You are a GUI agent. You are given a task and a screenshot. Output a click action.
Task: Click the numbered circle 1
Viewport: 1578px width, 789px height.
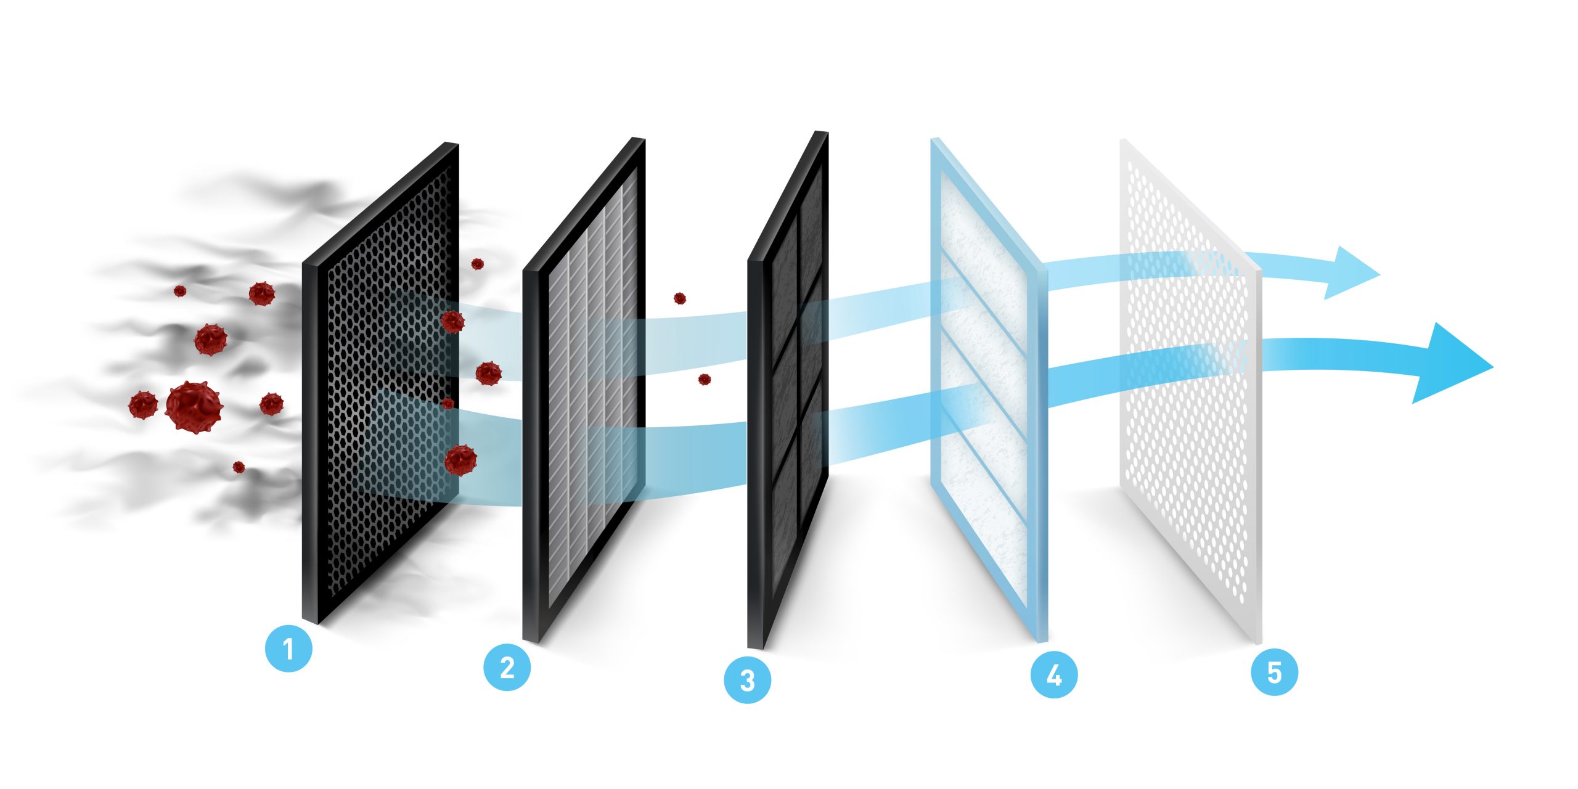[288, 648]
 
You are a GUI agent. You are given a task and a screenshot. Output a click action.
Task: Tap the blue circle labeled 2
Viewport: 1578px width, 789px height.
[507, 668]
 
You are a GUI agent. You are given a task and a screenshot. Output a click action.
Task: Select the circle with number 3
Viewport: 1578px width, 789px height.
[747, 681]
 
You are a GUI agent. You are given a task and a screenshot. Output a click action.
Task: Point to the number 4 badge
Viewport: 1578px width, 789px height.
[1054, 675]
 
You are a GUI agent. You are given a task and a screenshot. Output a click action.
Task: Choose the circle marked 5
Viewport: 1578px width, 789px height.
[1274, 672]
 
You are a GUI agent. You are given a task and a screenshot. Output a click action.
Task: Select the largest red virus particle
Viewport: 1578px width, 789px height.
[193, 407]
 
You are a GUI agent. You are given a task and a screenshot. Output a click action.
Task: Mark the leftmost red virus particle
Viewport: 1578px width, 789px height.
[143, 405]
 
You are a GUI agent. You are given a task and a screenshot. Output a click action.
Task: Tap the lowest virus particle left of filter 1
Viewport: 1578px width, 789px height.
[239, 467]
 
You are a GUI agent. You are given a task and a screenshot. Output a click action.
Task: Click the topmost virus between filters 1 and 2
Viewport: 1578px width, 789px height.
[477, 264]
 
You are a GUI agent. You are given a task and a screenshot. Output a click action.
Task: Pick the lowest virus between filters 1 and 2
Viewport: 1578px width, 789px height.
[460, 460]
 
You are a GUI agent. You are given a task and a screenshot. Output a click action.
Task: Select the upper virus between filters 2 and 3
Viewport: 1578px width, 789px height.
[679, 298]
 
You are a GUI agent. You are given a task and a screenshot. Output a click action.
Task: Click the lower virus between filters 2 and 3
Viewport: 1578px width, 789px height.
[704, 379]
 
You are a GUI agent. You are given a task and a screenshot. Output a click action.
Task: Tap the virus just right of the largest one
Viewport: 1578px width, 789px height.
[271, 404]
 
